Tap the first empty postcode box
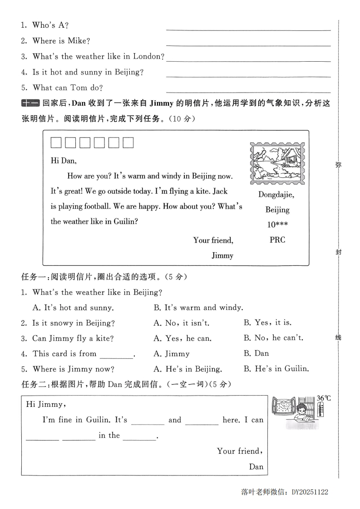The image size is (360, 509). (56, 143)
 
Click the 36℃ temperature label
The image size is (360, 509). (324, 398)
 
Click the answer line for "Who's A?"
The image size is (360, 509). (248, 29)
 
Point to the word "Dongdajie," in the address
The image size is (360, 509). (276, 195)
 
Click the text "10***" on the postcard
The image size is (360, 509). (277, 225)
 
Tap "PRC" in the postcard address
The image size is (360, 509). (277, 240)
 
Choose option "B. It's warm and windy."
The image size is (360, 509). (198, 308)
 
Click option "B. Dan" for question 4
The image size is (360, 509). (256, 353)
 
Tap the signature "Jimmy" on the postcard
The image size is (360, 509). (222, 255)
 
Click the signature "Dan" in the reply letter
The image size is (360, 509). (256, 466)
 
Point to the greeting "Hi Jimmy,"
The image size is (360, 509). (46, 404)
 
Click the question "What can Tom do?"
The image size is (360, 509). (68, 88)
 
